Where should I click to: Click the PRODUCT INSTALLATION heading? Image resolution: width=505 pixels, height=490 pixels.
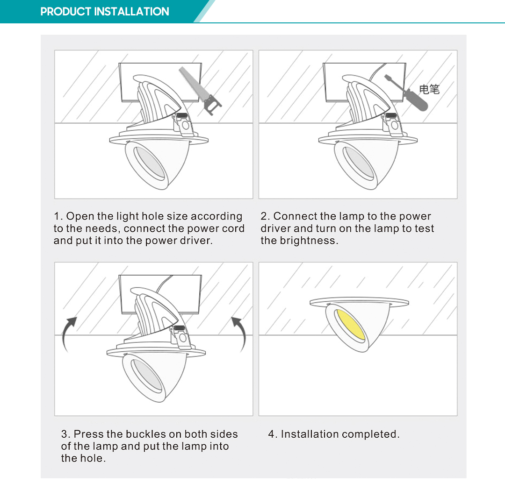[x=105, y=12]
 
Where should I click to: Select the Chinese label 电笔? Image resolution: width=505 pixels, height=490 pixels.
[x=429, y=89]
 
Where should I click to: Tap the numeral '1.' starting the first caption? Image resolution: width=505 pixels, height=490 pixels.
[x=58, y=216]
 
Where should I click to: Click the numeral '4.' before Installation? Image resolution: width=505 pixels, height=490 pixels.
[x=273, y=434]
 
